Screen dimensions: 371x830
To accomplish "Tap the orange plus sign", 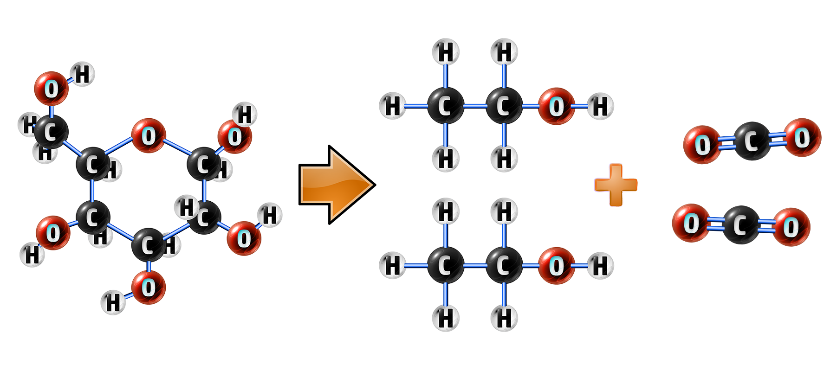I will click(x=616, y=185).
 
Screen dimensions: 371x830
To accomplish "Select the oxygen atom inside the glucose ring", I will click(x=149, y=135).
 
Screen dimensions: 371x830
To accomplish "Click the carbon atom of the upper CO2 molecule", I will click(x=752, y=141).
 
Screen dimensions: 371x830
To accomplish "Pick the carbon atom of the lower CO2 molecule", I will click(x=741, y=225).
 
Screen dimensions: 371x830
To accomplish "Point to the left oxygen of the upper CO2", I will click(x=702, y=145).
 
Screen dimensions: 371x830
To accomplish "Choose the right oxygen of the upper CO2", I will click(x=802, y=138).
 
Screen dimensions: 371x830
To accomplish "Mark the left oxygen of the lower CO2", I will click(x=691, y=223).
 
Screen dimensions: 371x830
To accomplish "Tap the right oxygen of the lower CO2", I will click(x=791, y=227).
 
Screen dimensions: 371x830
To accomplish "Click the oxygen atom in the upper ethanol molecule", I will click(x=556, y=106).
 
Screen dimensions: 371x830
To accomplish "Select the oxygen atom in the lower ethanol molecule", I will click(x=556, y=266).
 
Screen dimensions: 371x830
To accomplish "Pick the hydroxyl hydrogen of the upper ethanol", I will click(x=600, y=106).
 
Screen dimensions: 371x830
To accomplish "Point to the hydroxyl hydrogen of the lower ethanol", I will click(x=600, y=266).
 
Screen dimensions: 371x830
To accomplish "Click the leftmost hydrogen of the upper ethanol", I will click(x=393, y=106).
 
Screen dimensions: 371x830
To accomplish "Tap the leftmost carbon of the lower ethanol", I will click(x=445, y=266).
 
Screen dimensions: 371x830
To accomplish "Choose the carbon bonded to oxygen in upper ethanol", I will click(x=504, y=106).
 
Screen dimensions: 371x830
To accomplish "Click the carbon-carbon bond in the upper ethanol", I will click(x=474, y=106).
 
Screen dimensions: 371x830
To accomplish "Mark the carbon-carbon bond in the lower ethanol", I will click(x=474, y=266).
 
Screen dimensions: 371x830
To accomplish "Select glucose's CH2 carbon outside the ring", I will click(x=51, y=132).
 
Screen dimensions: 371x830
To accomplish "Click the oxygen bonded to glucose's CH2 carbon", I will click(x=51, y=88).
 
